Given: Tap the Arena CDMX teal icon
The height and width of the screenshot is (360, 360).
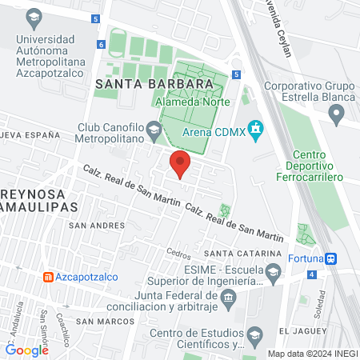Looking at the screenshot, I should point(255,128).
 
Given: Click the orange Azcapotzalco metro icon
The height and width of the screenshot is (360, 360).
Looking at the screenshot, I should point(47,277).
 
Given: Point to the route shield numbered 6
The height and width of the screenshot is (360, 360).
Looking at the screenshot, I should point(101,46).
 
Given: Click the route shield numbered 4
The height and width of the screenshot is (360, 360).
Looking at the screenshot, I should point(310,274).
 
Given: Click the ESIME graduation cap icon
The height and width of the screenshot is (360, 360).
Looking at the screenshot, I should point(273,274).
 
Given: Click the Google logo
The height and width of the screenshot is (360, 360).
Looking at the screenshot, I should point(27,350).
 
